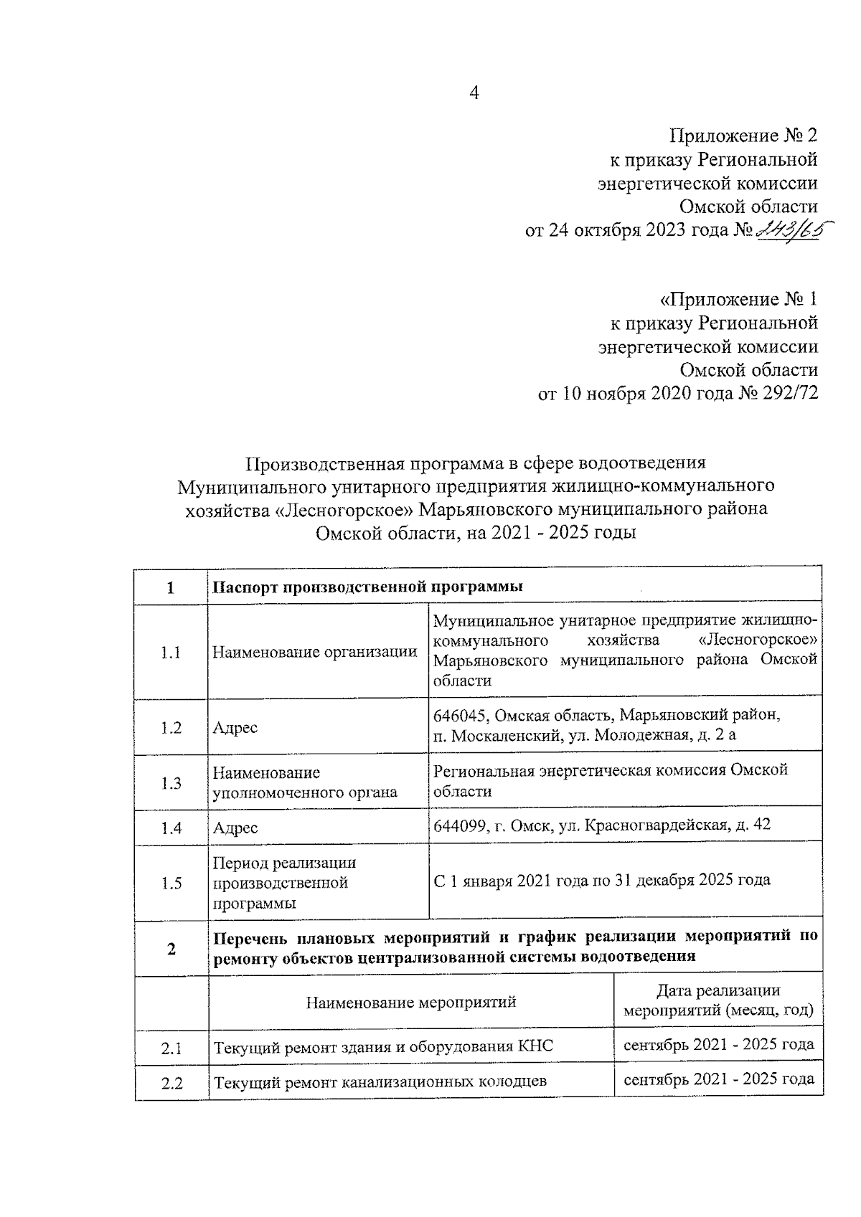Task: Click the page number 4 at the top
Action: [474, 93]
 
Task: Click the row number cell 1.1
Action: [171, 653]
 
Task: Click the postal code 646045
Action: [461, 715]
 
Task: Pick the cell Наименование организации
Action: [315, 653]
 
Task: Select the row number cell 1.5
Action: [171, 884]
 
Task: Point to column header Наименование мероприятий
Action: [411, 1002]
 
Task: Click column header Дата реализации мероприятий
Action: [718, 1001]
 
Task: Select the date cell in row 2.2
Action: [718, 1079]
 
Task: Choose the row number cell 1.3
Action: [171, 783]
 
